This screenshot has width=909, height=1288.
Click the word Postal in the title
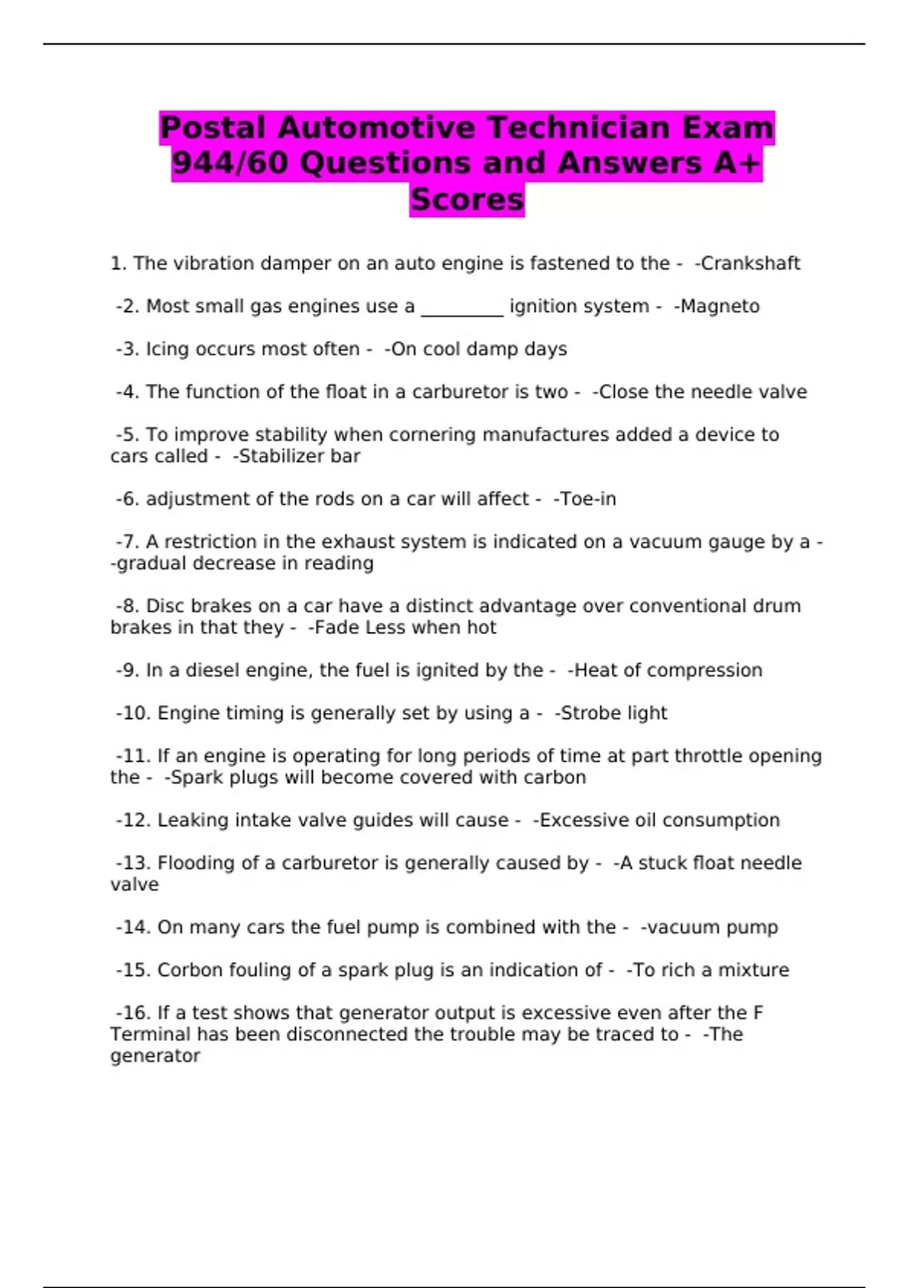[x=213, y=127]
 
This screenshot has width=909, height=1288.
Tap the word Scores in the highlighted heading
[x=467, y=199]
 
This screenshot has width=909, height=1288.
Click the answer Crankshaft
[x=750, y=264]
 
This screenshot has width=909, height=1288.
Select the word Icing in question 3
[x=167, y=349]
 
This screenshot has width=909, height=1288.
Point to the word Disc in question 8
[x=163, y=606]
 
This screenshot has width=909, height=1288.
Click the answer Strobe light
[x=614, y=714]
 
